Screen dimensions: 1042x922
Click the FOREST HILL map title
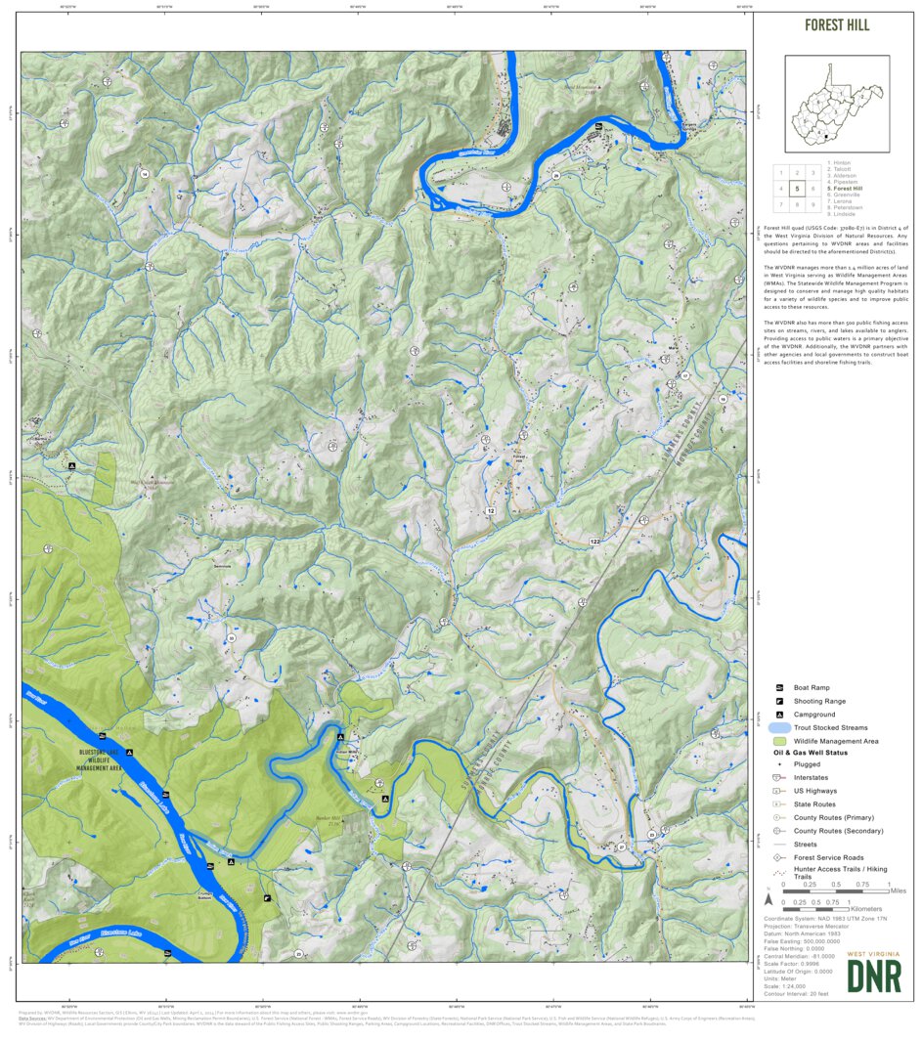click(x=836, y=25)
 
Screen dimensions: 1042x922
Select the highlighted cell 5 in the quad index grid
click(x=798, y=189)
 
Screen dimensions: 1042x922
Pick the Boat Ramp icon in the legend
click(x=779, y=688)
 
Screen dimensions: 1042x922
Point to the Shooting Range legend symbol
click(x=779, y=702)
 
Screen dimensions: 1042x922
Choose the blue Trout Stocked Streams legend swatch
click(x=778, y=728)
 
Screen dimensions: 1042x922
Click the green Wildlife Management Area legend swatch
click(x=778, y=742)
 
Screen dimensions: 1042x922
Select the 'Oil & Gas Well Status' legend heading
click(x=811, y=753)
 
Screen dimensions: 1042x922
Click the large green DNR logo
click(x=874, y=977)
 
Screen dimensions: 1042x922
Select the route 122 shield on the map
click(x=594, y=541)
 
